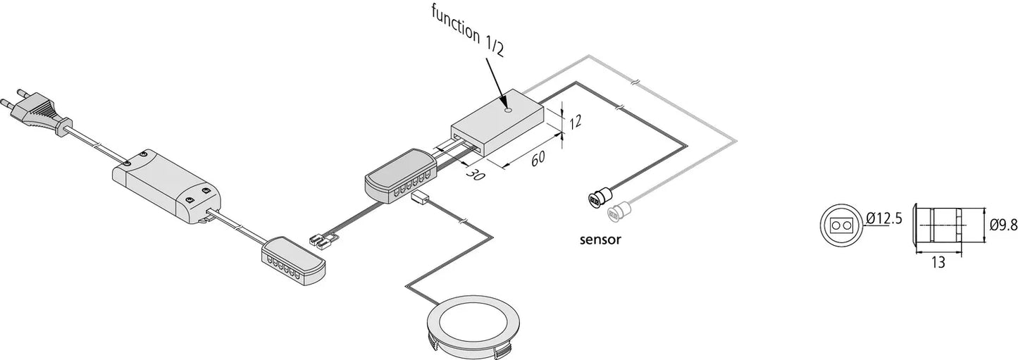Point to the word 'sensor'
click(600, 240)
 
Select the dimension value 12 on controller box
click(576, 122)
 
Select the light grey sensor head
click(619, 209)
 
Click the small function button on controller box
click(507, 109)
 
